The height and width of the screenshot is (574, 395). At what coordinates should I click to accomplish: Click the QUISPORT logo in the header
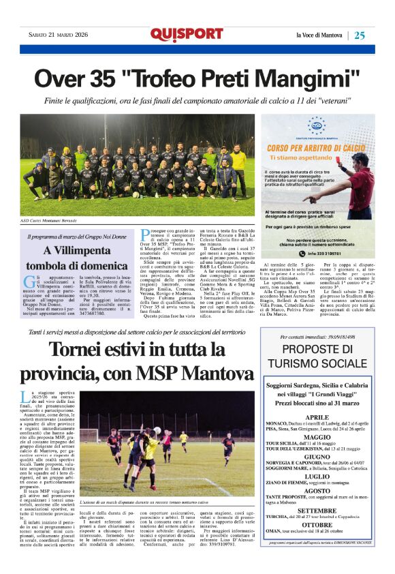click(x=187, y=35)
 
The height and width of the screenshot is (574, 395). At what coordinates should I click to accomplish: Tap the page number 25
click(x=360, y=35)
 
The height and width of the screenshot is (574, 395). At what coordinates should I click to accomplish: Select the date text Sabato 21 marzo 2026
click(x=57, y=35)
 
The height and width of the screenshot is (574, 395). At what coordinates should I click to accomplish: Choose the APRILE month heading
click(x=317, y=417)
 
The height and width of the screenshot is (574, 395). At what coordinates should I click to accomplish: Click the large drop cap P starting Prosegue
click(x=144, y=237)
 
